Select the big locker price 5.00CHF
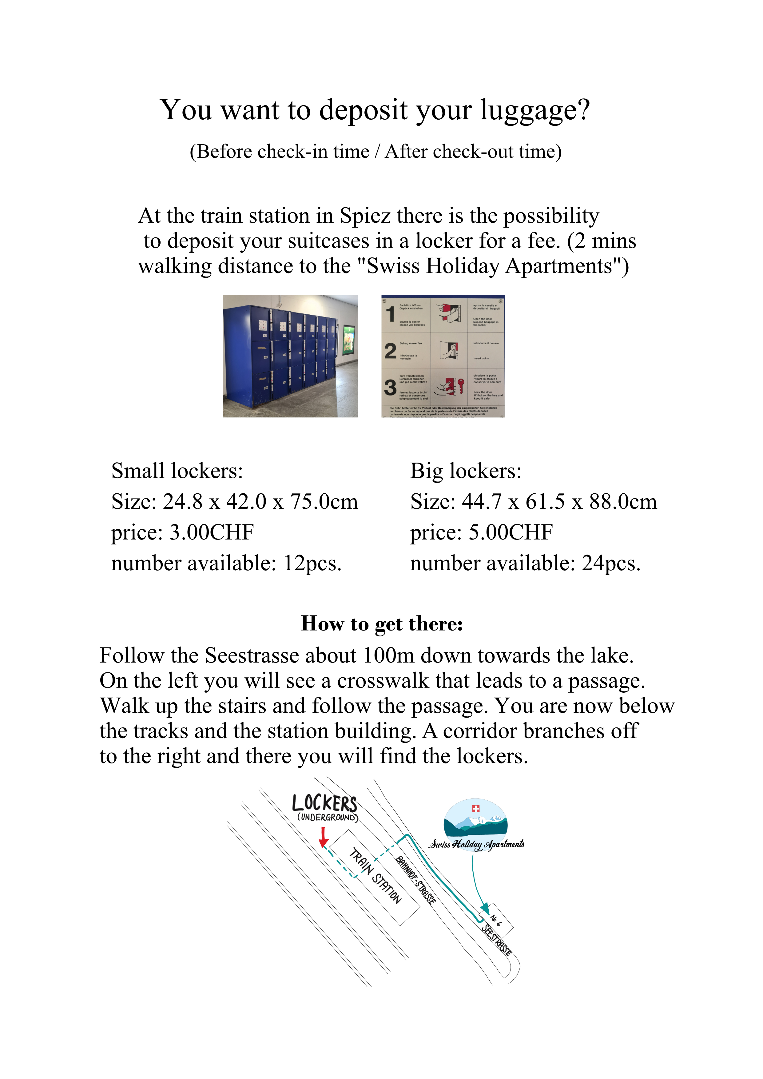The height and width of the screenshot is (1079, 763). tap(511, 532)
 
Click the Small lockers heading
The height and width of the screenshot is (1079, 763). tap(177, 471)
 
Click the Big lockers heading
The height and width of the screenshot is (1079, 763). tap(466, 471)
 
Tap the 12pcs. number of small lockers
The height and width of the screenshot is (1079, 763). tap(312, 563)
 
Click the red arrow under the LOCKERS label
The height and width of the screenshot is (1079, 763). tap(323, 837)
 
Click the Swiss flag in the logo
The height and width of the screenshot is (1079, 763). tap(475, 808)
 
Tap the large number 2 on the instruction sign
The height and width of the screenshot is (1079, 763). tap(390, 351)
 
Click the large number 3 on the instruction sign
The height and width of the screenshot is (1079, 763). tap(390, 387)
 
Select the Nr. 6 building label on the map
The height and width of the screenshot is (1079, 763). tap(496, 920)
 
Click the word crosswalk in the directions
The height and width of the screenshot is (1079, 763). tap(383, 681)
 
